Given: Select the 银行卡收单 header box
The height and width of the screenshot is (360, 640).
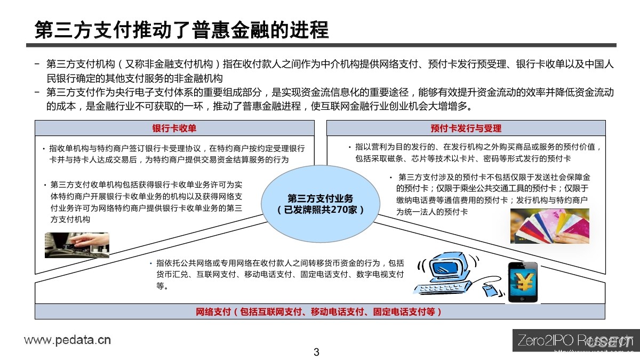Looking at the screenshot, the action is click(x=174, y=128).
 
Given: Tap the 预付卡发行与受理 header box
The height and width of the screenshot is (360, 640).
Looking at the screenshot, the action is click(x=466, y=128).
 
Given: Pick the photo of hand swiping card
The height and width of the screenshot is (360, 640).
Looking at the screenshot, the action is click(x=77, y=245).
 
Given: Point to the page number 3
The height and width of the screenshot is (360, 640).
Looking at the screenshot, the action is click(x=316, y=352).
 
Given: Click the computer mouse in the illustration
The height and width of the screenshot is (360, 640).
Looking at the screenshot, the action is click(x=490, y=291).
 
